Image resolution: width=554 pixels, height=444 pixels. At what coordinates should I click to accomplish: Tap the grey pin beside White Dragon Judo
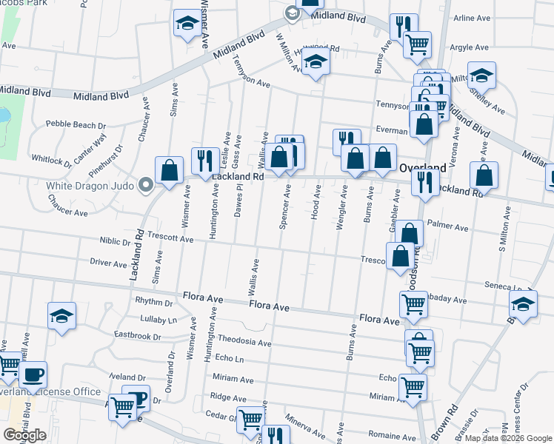147,185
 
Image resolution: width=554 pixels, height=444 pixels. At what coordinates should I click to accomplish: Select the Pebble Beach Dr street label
77,124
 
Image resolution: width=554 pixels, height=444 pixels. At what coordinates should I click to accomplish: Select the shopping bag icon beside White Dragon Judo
170,169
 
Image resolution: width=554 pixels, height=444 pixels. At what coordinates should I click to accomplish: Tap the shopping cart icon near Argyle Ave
418,44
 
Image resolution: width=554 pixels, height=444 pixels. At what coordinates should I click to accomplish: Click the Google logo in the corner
24,435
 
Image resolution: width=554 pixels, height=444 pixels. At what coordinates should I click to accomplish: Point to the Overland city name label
423,168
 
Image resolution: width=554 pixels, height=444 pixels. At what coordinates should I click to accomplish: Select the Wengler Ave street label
342,208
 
